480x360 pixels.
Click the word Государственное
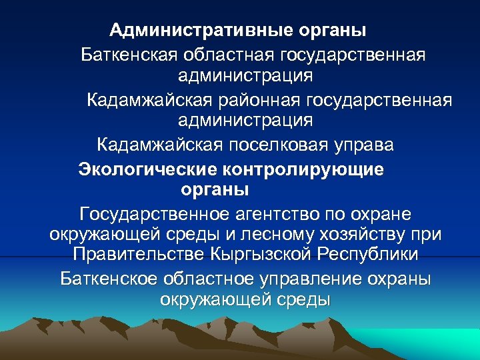(x=155, y=214)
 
